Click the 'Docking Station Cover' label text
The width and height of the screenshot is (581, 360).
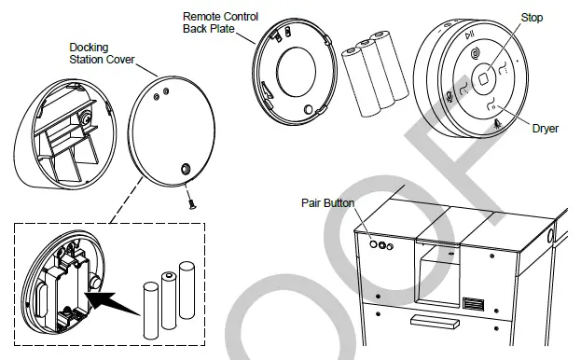102,53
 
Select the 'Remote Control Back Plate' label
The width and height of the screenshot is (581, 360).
220,22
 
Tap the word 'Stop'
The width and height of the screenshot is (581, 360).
533,18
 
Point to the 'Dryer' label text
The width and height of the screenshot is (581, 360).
545,129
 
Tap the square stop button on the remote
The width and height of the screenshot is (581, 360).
485,80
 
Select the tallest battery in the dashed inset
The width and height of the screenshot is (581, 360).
187,295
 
